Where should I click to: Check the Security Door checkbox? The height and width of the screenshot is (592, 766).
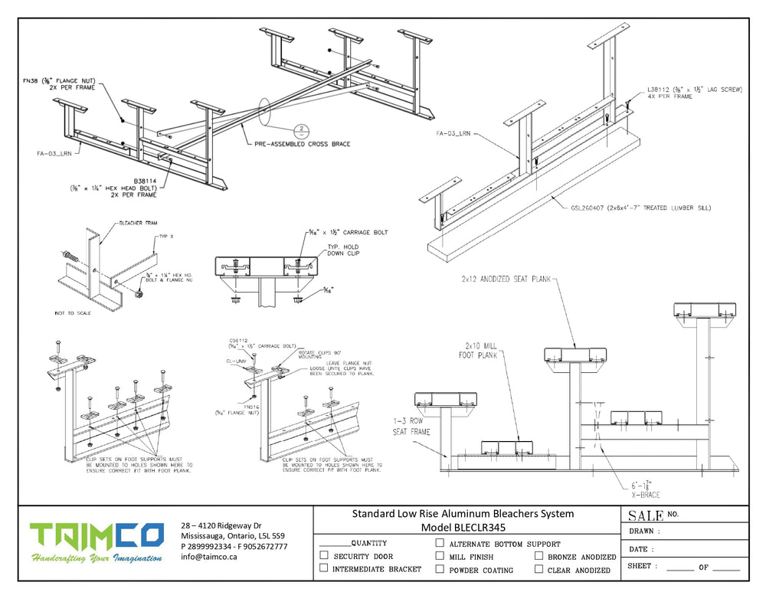(324, 555)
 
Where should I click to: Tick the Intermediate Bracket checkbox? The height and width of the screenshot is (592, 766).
(324, 568)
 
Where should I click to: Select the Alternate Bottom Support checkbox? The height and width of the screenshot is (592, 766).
(440, 543)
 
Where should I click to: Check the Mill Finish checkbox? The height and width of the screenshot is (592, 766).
(440, 556)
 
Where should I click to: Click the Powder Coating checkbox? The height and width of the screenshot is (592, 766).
(440, 569)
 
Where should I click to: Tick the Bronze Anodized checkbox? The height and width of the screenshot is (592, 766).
(539, 556)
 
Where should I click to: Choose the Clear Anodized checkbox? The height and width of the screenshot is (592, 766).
(539, 569)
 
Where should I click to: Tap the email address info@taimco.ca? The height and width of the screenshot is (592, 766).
(209, 557)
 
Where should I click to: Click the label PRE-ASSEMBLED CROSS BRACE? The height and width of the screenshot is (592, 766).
(302, 144)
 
